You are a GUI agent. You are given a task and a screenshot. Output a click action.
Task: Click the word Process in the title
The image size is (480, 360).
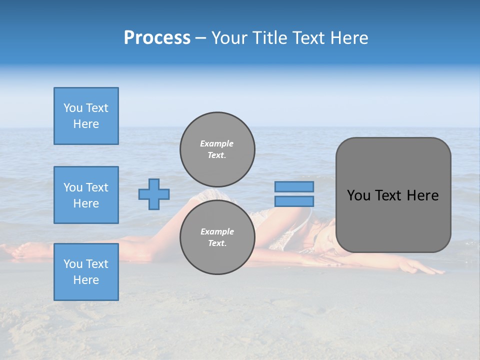(x=157, y=38)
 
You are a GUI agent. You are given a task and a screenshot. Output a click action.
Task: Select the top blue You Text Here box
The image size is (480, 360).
(x=86, y=116)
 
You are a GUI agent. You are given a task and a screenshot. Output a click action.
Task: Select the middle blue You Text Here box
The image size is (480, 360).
(x=86, y=195)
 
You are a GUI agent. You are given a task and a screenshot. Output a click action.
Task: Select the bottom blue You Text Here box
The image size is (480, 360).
(x=86, y=272)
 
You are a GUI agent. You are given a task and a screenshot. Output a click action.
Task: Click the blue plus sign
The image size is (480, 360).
(x=154, y=194)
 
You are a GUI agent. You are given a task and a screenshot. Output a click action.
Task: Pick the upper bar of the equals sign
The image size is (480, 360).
(x=294, y=186)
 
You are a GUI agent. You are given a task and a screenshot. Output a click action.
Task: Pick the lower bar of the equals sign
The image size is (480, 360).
(x=294, y=201)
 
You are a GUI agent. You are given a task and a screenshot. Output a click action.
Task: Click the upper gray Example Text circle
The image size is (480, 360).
(x=217, y=149)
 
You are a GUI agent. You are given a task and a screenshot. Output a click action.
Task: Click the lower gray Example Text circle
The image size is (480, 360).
(x=217, y=237)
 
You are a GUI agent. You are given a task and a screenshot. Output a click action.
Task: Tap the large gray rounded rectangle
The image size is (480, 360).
(x=393, y=195)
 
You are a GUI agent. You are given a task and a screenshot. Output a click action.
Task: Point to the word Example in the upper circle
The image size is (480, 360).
(x=217, y=143)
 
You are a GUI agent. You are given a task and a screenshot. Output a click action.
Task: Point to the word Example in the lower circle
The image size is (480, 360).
(x=217, y=231)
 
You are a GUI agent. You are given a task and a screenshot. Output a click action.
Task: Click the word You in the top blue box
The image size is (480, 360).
(x=73, y=108)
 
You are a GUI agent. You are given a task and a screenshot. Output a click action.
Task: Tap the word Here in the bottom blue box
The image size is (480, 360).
(x=86, y=280)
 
